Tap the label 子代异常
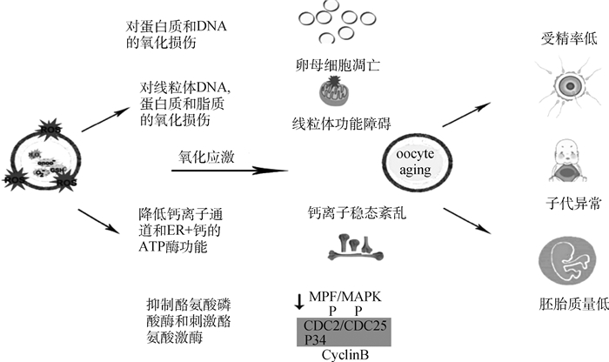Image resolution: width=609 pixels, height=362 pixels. (x=563, y=204)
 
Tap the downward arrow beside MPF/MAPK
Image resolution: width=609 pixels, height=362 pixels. (x=300, y=300)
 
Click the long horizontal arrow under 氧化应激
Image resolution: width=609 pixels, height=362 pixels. (x=229, y=170)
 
